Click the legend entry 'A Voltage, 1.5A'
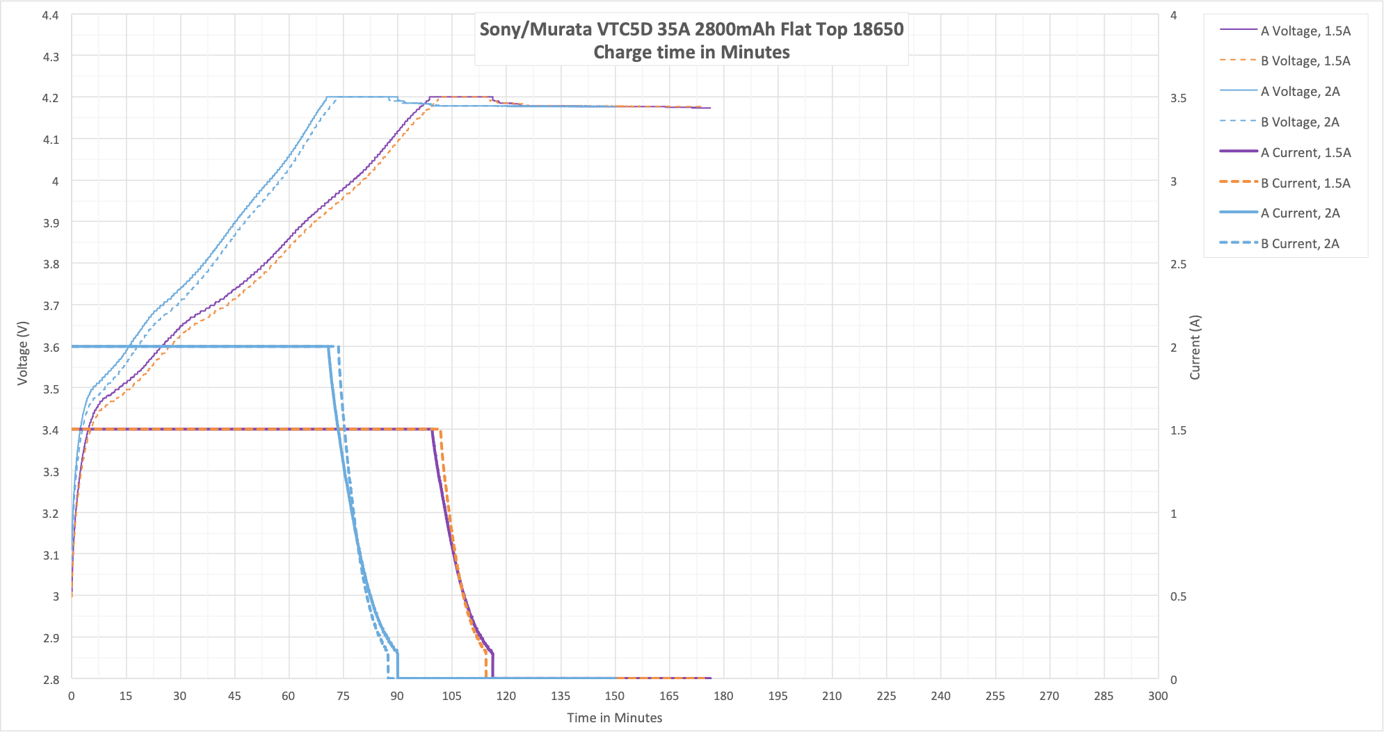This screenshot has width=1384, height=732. click(1305, 31)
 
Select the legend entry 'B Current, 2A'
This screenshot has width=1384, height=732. click(1299, 243)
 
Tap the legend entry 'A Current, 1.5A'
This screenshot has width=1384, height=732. click(1305, 152)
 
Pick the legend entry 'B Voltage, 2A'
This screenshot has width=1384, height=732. click(1299, 122)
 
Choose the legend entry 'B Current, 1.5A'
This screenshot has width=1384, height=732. click(1305, 183)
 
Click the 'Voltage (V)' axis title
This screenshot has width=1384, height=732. click(23, 352)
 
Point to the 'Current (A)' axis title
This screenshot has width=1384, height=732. click(1195, 347)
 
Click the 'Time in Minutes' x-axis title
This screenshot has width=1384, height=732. click(614, 717)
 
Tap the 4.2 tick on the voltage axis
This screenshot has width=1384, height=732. click(51, 98)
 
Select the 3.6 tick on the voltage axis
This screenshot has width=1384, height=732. click(51, 347)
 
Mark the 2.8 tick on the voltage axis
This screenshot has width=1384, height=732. click(51, 679)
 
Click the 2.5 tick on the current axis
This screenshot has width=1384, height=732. click(1178, 264)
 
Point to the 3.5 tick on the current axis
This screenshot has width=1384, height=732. click(1178, 98)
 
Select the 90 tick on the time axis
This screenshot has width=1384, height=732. click(397, 696)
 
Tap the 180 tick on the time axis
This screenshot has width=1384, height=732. click(723, 696)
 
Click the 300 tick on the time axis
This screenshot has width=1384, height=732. click(1158, 696)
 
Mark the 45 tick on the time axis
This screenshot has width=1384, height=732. click(234, 696)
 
